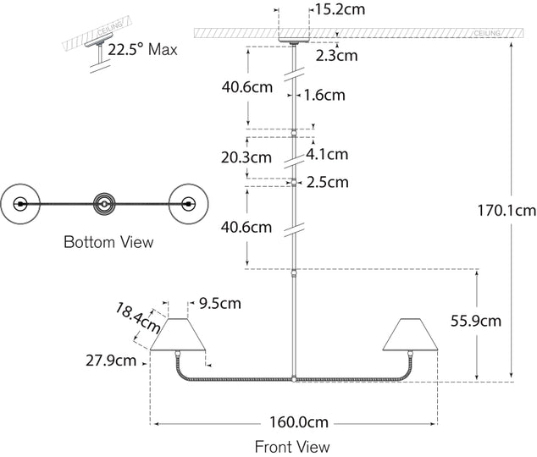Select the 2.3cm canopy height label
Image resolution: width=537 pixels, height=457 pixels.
(x=337, y=56)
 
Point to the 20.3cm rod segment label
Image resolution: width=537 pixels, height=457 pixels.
(x=246, y=157)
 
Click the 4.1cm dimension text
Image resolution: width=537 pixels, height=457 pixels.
(x=327, y=154)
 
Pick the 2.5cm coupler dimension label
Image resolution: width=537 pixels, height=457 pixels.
(x=328, y=182)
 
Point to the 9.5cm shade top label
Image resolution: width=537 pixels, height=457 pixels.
(x=219, y=302)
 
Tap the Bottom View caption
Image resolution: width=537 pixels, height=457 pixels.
(x=109, y=242)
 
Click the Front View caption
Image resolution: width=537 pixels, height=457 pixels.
(x=292, y=446)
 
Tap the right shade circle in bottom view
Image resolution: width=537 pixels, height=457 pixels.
(x=188, y=203)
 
